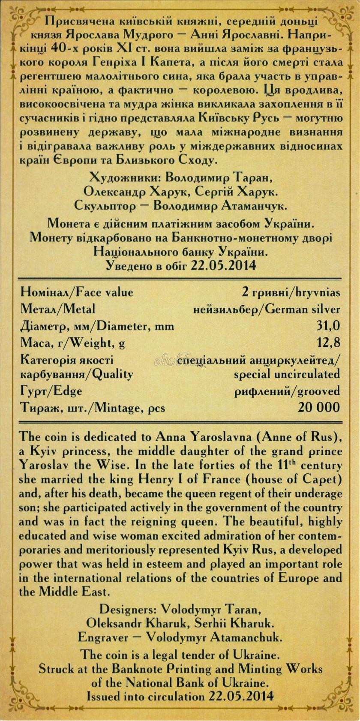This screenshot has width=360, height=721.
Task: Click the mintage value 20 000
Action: (319, 407)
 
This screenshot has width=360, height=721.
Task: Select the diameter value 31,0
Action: (328, 326)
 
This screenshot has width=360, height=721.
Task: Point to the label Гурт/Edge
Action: (51, 391)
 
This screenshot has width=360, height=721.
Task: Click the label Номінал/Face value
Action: (77, 292)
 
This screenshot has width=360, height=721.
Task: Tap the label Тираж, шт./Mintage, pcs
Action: (93, 407)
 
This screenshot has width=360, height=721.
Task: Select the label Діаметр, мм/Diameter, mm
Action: (97, 326)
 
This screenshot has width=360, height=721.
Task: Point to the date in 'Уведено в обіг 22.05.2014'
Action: (224, 265)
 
